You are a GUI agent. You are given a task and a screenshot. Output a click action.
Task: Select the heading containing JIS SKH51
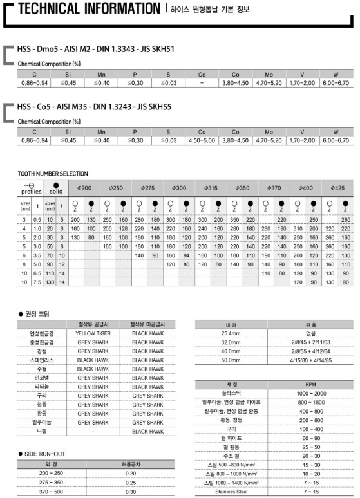point(96,48)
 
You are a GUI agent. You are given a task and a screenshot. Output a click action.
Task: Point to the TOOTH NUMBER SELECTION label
point(53,174)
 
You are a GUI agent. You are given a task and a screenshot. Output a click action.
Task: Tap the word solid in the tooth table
point(56,192)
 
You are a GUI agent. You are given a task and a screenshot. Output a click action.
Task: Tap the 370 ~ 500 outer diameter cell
point(51,491)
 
